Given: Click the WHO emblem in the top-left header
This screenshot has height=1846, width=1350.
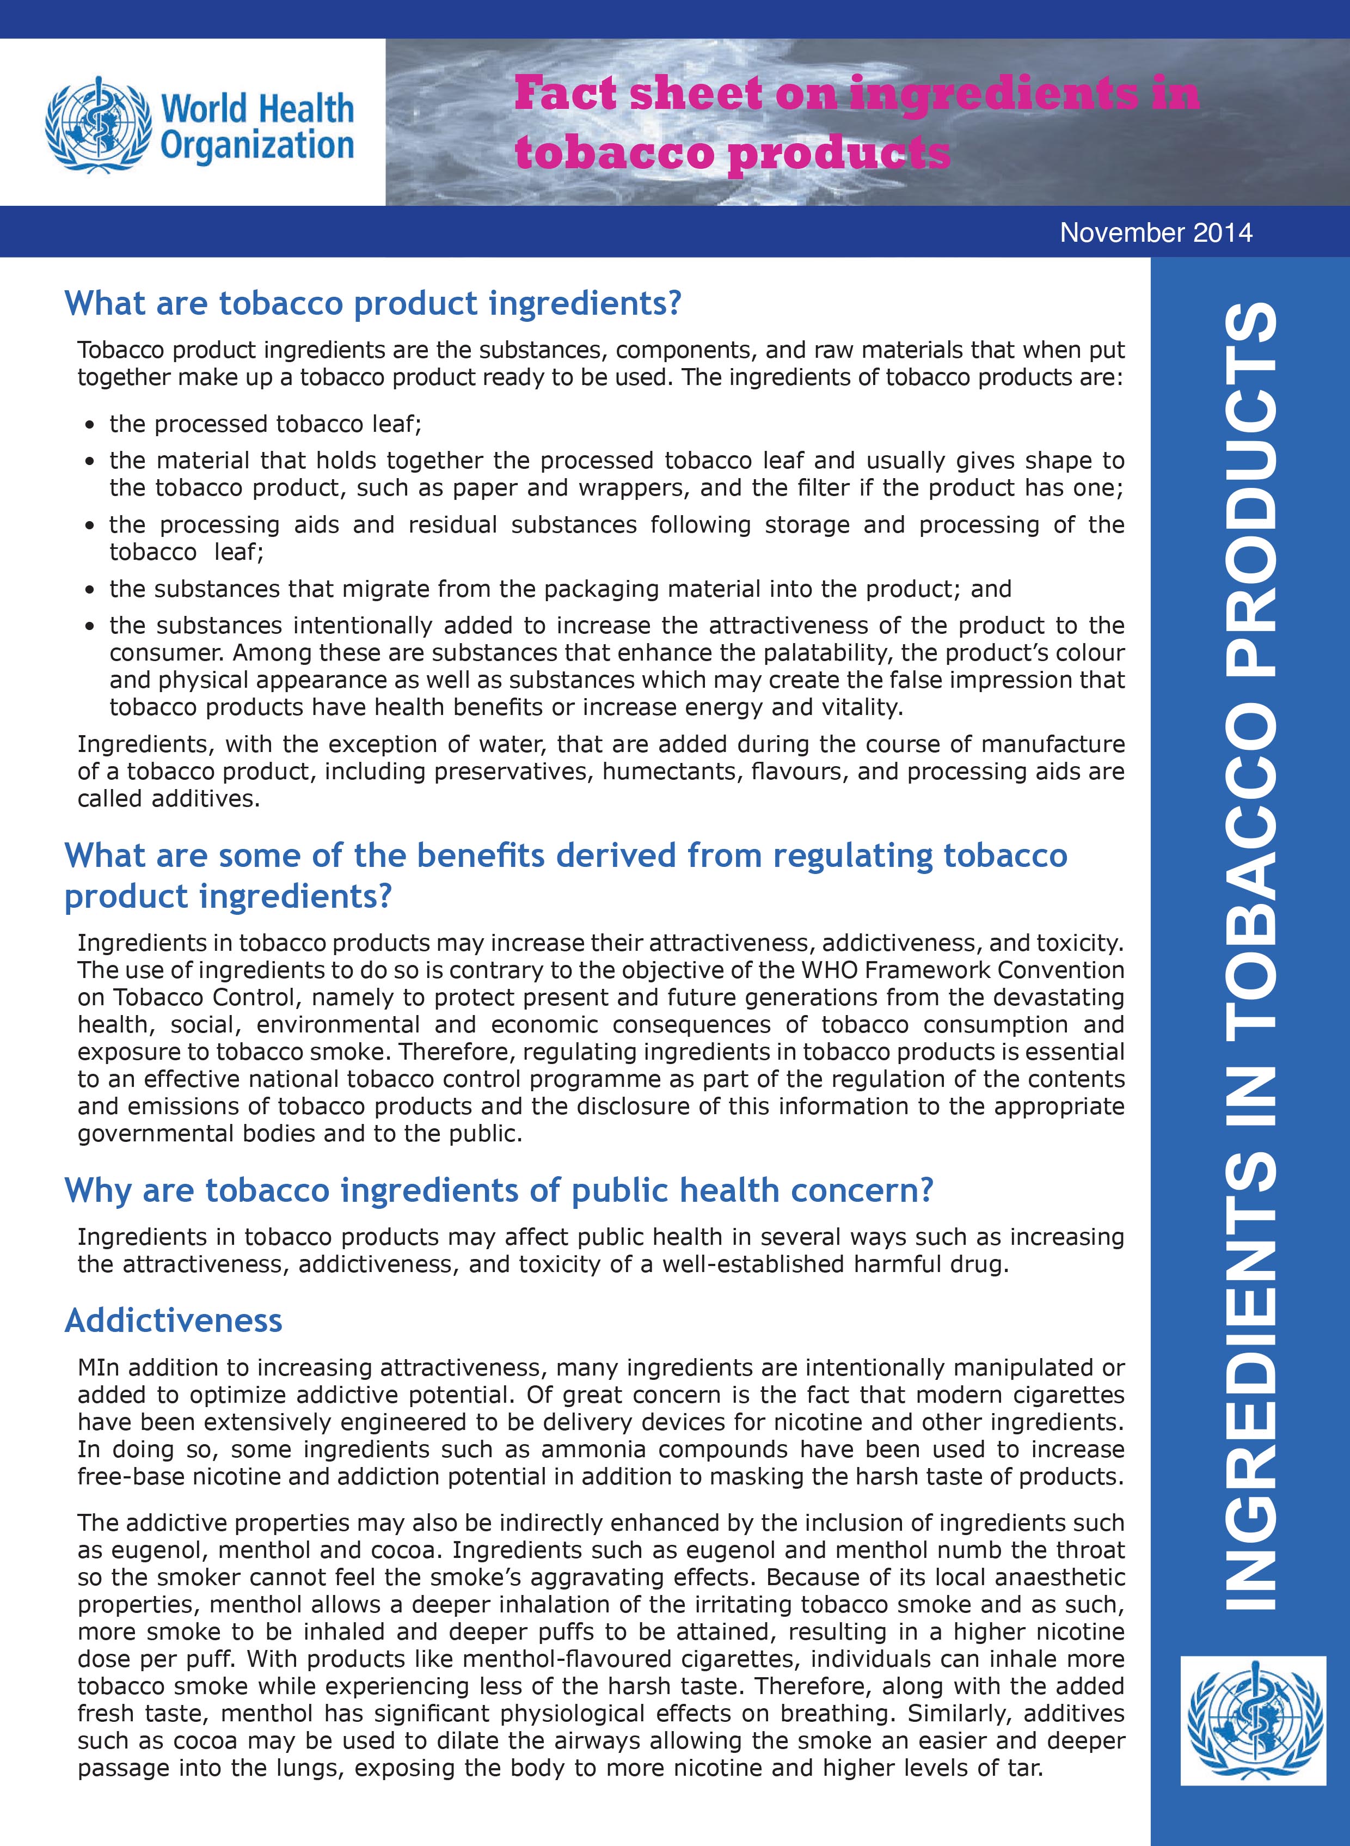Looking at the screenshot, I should point(98,124).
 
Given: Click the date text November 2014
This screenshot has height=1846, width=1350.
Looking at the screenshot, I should point(1156,233).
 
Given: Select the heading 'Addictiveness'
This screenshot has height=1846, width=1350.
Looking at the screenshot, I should point(173,1321).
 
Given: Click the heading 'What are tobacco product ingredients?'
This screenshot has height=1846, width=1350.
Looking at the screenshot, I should point(373,303).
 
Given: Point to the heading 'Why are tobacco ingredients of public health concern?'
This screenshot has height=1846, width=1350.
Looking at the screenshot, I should point(499,1190).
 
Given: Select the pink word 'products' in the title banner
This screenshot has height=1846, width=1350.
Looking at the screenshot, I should point(838,153).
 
